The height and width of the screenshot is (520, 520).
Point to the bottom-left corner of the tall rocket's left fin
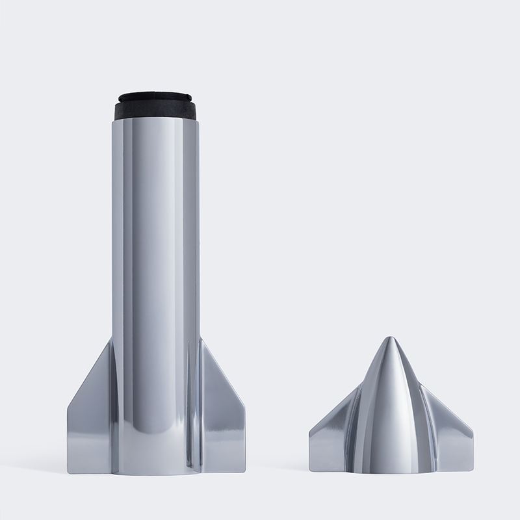[x=68, y=473]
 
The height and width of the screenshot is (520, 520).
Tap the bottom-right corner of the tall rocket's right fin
[x=245, y=473]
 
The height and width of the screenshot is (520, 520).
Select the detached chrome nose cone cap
[x=390, y=422]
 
